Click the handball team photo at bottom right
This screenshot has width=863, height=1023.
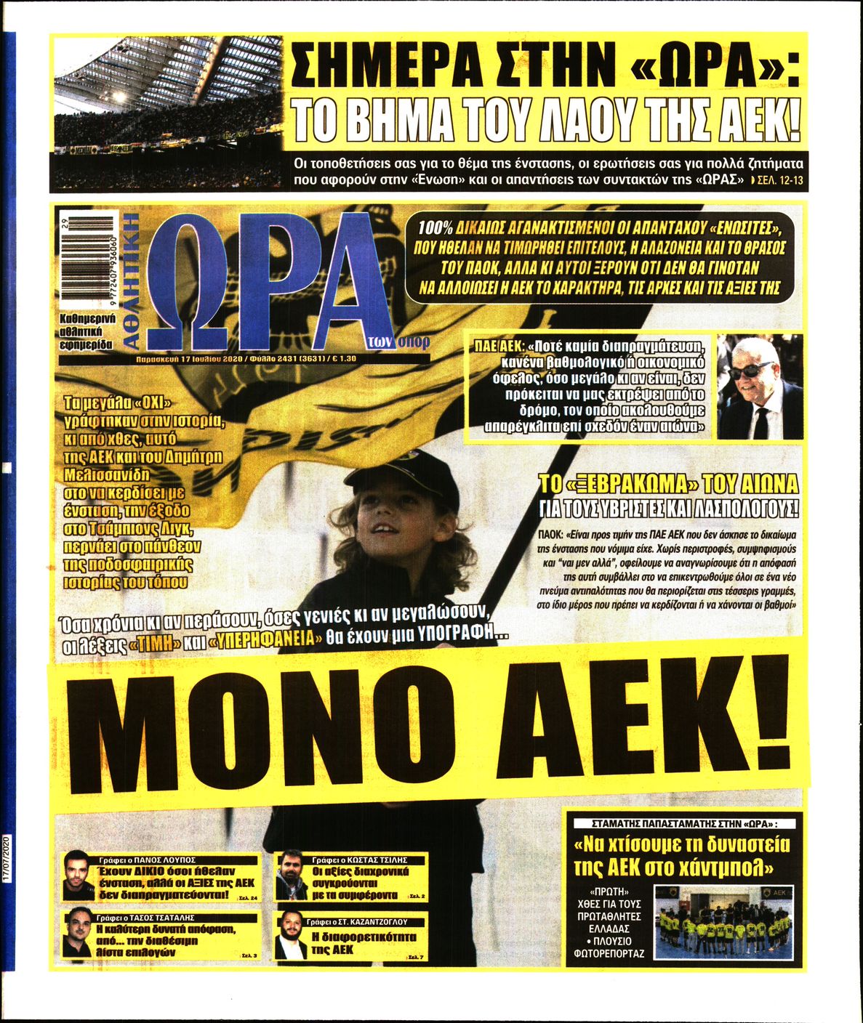pyautogui.click(x=726, y=921)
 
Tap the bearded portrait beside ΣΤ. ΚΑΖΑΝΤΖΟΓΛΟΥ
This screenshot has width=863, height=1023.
pyautogui.click(x=291, y=937)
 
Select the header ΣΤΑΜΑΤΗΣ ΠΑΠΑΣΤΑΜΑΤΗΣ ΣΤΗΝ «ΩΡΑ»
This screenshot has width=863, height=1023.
pyautogui.click(x=685, y=824)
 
